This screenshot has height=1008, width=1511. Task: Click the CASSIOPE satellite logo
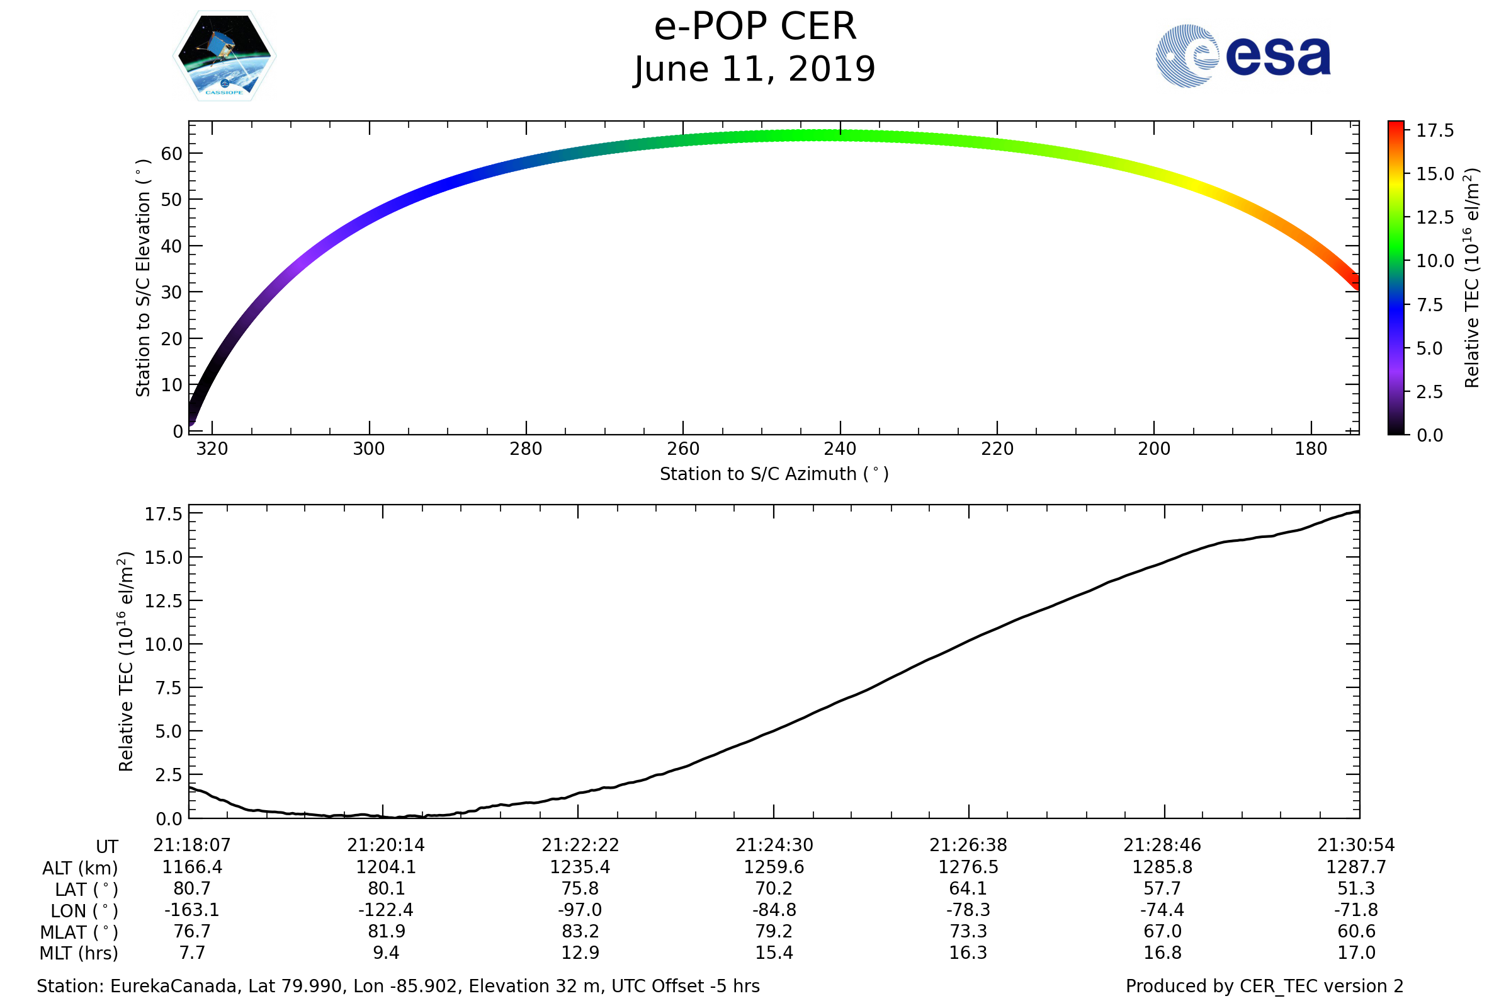(x=224, y=56)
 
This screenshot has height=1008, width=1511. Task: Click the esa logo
(x=1242, y=56)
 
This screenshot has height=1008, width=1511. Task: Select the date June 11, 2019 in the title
(x=754, y=69)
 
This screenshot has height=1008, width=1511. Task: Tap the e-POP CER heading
(x=755, y=27)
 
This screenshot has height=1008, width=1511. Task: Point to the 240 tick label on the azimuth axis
(x=840, y=449)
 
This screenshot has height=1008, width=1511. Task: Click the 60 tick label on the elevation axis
(x=171, y=154)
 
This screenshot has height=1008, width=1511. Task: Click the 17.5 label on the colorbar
(x=1435, y=131)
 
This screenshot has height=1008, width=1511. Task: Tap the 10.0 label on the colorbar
(x=1435, y=261)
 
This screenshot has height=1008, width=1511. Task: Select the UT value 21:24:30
(x=774, y=845)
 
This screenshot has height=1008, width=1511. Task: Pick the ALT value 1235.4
(x=579, y=868)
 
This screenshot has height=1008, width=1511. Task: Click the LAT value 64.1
(x=968, y=888)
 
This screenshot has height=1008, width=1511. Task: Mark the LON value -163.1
(x=191, y=910)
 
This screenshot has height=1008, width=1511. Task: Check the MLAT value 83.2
(x=580, y=932)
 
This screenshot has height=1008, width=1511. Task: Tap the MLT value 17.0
(x=1356, y=953)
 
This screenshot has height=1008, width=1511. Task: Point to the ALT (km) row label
(x=80, y=869)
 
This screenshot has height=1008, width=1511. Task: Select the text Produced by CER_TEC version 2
(x=1264, y=987)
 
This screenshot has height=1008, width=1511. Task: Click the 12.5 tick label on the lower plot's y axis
(x=164, y=601)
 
